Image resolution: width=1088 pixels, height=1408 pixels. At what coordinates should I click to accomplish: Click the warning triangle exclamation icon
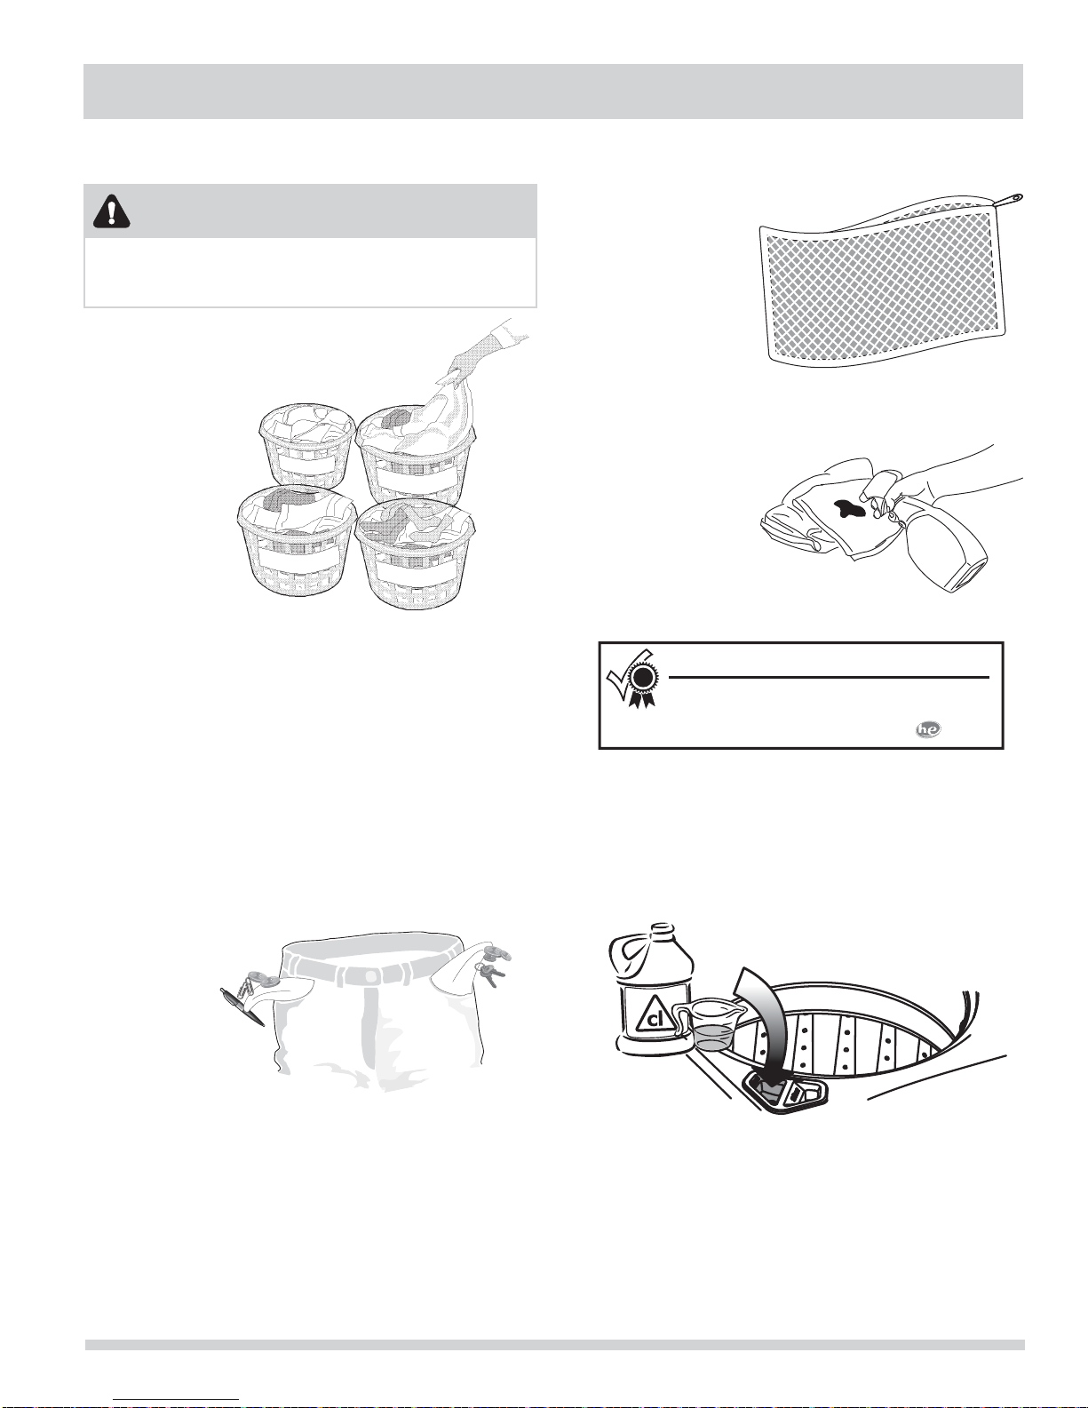[111, 211]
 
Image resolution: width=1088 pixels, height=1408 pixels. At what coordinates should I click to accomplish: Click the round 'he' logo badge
[928, 729]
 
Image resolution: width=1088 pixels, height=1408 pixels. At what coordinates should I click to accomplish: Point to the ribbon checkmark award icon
[631, 679]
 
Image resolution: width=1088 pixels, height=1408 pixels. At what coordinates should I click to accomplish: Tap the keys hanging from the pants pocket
[491, 974]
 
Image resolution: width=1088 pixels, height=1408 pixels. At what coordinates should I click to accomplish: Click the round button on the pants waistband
[369, 975]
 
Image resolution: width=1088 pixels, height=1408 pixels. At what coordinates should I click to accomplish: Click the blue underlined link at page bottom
[180, 1401]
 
